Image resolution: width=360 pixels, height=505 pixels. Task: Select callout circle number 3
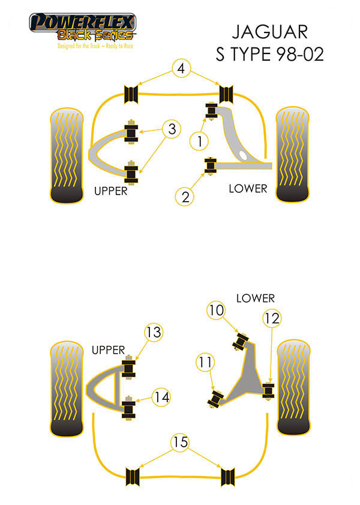coord(172,129)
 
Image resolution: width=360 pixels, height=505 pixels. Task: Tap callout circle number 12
coord(271,319)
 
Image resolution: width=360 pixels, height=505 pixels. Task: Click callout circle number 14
coord(160,397)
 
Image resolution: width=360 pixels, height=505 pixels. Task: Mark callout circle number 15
coord(180,443)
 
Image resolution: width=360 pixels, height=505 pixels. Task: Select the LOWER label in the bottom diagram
coord(255,298)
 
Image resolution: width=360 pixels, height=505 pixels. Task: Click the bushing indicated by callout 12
coord(268,390)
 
